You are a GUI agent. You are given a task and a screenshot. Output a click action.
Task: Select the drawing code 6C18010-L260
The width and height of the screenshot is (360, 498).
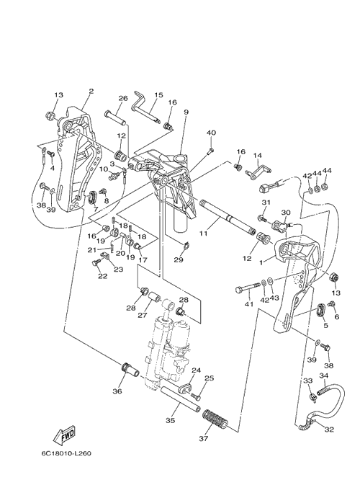click(x=66, y=453)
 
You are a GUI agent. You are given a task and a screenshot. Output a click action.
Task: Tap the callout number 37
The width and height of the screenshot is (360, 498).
click(x=203, y=439)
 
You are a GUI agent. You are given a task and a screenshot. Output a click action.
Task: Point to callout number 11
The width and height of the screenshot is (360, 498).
click(x=203, y=234)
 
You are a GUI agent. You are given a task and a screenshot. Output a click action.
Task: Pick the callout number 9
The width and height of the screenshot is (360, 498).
click(x=186, y=112)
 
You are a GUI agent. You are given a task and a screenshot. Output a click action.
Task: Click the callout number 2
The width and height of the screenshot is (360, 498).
click(x=91, y=91)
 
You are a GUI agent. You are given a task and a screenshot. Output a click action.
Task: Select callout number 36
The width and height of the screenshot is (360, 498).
click(x=117, y=391)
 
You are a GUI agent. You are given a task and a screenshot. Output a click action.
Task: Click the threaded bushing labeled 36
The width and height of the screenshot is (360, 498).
click(x=129, y=370)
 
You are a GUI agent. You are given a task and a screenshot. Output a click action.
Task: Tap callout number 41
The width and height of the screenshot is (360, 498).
click(x=249, y=304)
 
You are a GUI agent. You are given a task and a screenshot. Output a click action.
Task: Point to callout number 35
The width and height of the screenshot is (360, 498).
click(x=171, y=420)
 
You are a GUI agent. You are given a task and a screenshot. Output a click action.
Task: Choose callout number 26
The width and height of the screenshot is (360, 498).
click(x=122, y=98)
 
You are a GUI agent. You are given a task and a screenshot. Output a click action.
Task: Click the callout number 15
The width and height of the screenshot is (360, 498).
click(x=158, y=94)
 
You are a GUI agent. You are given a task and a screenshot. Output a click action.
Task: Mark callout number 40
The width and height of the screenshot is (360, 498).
click(x=211, y=133)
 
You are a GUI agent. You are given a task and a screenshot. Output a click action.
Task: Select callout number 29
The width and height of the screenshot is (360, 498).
click(x=179, y=259)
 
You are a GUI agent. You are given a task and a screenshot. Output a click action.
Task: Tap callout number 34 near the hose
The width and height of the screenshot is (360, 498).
click(x=323, y=375)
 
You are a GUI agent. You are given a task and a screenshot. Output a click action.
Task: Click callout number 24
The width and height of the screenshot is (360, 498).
click(x=196, y=370)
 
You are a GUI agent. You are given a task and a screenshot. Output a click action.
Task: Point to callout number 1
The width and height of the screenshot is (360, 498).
click(x=261, y=263)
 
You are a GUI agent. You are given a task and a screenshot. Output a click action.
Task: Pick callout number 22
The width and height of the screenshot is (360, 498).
click(x=102, y=276)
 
